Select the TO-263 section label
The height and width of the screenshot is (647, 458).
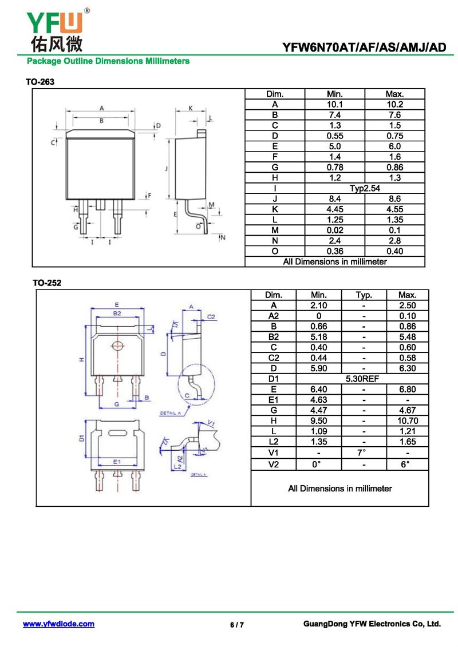click(40, 82)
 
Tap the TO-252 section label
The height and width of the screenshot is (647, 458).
click(46, 283)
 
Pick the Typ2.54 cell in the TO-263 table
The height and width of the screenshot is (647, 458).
click(365, 188)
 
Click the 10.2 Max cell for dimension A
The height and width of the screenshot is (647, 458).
click(394, 104)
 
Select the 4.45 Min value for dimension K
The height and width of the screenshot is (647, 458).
click(334, 209)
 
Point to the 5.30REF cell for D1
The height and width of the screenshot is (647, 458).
click(362, 379)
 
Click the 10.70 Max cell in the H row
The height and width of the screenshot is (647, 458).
click(407, 420)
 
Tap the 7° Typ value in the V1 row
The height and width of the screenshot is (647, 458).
click(364, 452)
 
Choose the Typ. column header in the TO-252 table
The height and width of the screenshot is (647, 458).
click(364, 295)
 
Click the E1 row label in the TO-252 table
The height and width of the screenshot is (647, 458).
click(273, 400)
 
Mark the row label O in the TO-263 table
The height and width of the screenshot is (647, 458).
click(275, 251)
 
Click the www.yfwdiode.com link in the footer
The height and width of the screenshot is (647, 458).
click(58, 624)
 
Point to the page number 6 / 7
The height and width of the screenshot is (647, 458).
click(237, 625)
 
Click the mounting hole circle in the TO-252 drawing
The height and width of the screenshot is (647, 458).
click(118, 346)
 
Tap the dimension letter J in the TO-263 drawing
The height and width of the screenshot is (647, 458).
click(165, 169)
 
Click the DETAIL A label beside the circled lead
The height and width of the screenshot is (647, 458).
click(171, 412)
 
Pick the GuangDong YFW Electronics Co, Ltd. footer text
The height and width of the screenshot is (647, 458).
click(372, 624)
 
